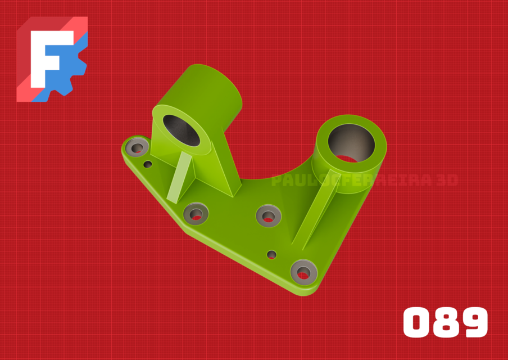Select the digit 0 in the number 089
coord(416,322)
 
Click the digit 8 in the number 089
coord(446,322)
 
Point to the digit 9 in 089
coord(473,322)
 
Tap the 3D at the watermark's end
coord(446,181)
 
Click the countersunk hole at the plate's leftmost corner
coord(137,148)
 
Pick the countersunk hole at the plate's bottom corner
coord(303,273)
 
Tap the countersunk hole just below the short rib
coord(196,213)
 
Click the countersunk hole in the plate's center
coord(268,215)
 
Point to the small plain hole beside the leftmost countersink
coord(148,165)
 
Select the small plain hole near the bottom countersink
coord(272,254)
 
